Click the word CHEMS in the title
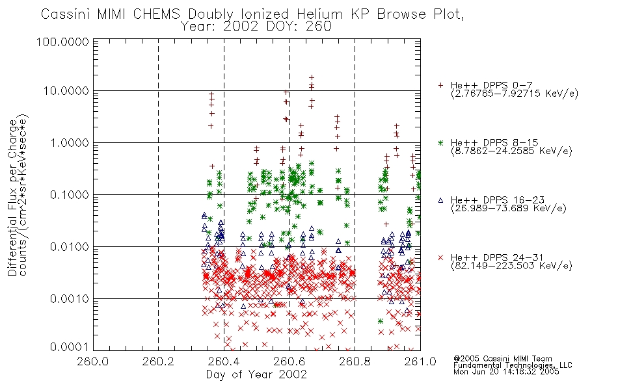tap(156, 14)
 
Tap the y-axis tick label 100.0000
tap(62, 42)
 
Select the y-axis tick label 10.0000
tap(66, 91)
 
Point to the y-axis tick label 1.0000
tap(70, 143)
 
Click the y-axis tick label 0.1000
tap(70, 195)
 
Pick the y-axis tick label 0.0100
tap(70, 247)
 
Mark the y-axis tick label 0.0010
tap(70, 299)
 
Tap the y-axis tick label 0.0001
tap(70, 346)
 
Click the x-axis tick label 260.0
tap(93, 361)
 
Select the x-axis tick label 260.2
tap(159, 361)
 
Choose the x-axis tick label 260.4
tap(224, 361)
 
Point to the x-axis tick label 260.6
tap(289, 361)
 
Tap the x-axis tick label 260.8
tap(355, 361)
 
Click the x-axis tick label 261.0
tap(420, 361)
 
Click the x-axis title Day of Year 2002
tap(256, 374)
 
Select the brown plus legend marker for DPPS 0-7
tap(440, 85)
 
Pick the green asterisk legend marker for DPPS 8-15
tap(440, 142)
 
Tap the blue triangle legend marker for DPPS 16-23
tap(440, 200)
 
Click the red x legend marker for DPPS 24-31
tap(440, 257)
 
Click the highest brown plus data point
tap(312, 77)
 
